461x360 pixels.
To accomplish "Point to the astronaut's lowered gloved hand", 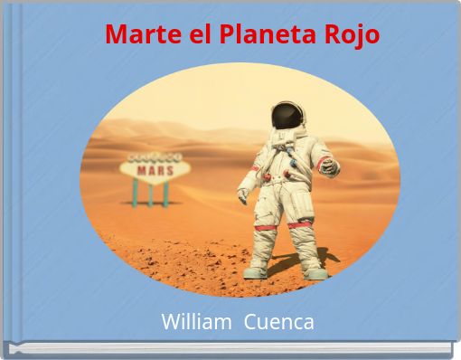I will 243,194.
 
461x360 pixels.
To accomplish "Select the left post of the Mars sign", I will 136,193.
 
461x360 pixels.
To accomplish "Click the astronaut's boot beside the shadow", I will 315,270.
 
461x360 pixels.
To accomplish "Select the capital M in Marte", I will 115,35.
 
